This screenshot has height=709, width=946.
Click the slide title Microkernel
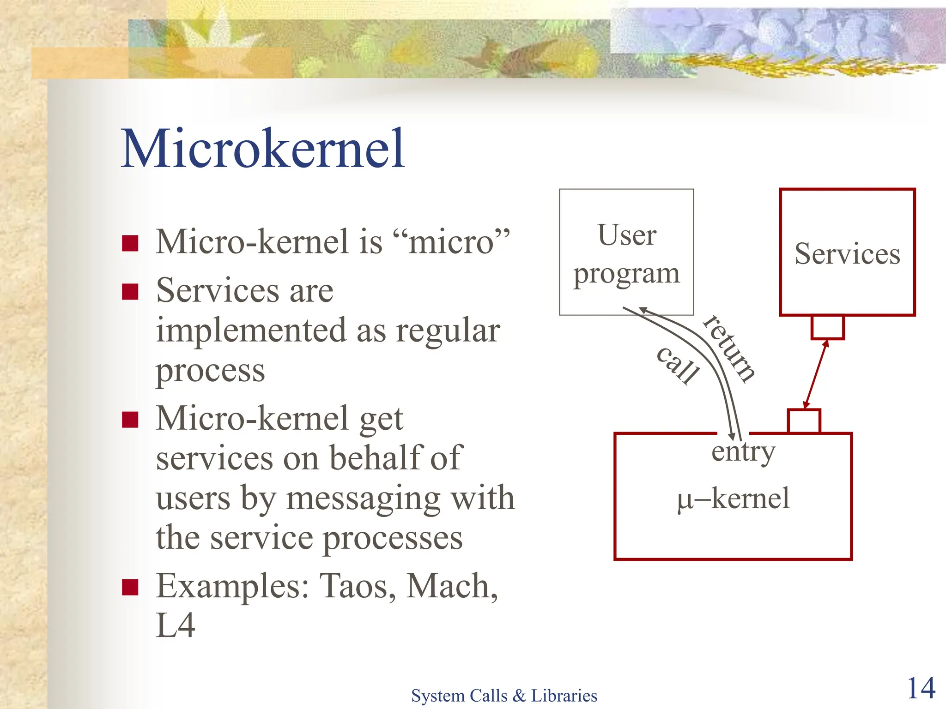262,149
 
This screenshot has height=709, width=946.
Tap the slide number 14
921,688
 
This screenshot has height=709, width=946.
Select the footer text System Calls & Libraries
504,695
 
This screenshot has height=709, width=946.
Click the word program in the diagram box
626,274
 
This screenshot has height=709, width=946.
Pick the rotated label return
729,348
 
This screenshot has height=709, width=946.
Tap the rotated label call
678,365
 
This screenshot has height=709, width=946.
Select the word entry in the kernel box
743,452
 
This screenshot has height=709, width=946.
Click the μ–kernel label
733,499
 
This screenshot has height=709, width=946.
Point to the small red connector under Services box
828,327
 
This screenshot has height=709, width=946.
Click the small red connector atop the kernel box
804,421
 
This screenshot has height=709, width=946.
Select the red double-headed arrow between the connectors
816,374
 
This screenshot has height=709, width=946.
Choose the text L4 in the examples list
176,625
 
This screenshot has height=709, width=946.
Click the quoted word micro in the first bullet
451,241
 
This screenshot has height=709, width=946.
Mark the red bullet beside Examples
130,587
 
